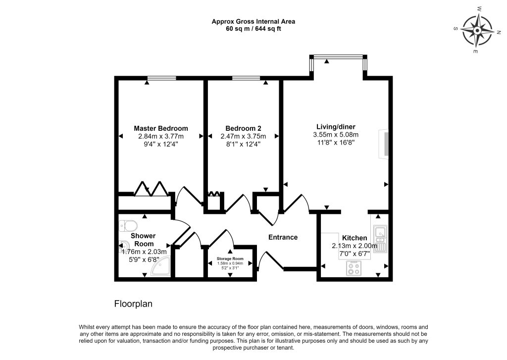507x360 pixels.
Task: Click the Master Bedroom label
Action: tap(161, 128)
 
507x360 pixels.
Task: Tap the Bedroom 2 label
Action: tap(243, 128)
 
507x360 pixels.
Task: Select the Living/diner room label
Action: tap(336, 127)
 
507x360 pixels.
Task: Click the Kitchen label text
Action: tap(355, 238)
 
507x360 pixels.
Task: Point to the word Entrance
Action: tap(283, 237)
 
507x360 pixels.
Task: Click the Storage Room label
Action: tap(230, 259)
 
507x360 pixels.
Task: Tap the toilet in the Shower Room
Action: tap(128, 226)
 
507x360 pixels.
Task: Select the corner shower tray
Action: tap(161, 266)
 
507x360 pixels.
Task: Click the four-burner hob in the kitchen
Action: tap(354, 268)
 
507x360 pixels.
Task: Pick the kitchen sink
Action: tap(380, 239)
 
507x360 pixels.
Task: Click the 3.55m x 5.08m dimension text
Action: tap(336, 135)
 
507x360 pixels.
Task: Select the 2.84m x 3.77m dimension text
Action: tap(161, 136)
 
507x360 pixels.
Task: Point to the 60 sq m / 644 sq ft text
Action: tap(253, 29)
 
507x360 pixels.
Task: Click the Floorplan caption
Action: tap(133, 304)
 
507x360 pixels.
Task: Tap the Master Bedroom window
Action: tap(162, 78)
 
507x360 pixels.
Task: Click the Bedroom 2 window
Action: tap(246, 78)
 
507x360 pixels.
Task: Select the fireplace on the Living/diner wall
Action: tap(384, 144)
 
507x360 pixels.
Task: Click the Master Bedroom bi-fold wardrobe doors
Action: tap(152, 189)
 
